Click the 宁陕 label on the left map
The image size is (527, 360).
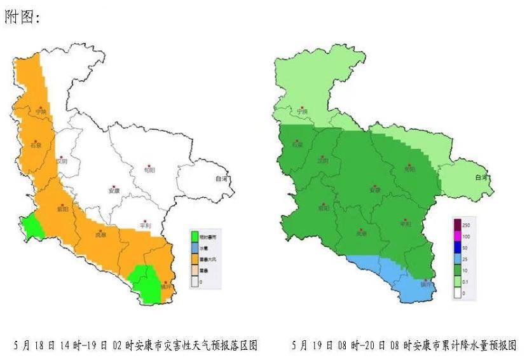coord(41,112)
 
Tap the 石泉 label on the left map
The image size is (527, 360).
coord(36,146)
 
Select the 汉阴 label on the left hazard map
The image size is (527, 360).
coord(61,162)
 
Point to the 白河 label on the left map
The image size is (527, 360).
coord(221,179)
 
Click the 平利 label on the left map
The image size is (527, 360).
coord(144,226)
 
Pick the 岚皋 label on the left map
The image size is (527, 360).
coord(100,235)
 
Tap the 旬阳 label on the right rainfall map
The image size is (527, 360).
coord(409,169)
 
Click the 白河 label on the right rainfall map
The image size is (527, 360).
coord(481,178)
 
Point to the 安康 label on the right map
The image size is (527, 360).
coord(374,190)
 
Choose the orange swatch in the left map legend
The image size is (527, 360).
coord(197,260)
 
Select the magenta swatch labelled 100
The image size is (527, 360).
coord(458,236)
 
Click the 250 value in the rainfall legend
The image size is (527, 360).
coord(466,225)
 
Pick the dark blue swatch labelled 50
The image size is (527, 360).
coord(458,247)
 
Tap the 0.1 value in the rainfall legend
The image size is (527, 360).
coord(466,281)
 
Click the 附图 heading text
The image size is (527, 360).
coord(22,18)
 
